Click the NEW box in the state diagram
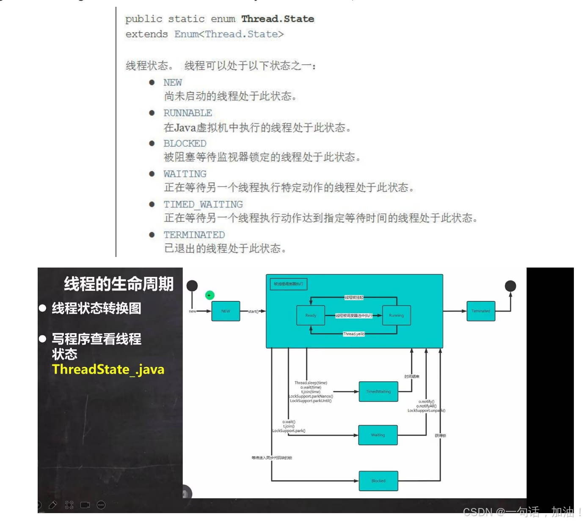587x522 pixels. (226, 311)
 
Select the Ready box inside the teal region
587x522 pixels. (311, 315)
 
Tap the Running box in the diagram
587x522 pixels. (396, 315)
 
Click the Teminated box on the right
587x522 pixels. (480, 311)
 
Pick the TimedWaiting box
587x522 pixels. (378, 392)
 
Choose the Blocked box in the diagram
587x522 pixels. (378, 481)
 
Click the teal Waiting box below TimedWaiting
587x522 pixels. (378, 435)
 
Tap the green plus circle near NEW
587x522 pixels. (209, 295)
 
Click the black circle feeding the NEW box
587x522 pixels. (192, 286)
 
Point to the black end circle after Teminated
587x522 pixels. (510, 286)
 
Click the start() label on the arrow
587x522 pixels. (253, 312)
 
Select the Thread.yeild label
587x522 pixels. (354, 334)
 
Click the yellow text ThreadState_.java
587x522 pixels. (108, 369)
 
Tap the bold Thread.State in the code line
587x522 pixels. (278, 19)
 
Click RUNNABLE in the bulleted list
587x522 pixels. (188, 113)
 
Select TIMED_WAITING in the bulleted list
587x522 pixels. (203, 205)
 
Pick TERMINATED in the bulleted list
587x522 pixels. (194, 235)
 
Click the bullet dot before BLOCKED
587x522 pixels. (152, 143)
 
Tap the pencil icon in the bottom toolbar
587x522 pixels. (53, 505)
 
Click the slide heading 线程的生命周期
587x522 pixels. (119, 284)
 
